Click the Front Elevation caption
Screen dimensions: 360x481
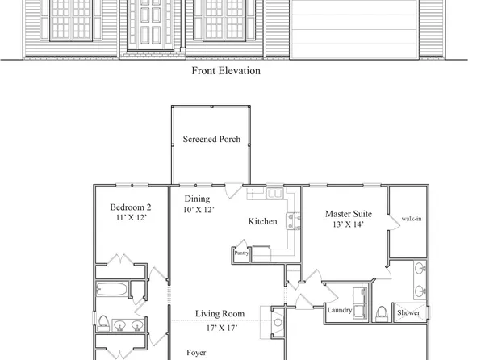tap(226, 70)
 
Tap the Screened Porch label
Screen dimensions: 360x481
tap(211, 140)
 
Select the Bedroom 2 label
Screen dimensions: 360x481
tap(131, 207)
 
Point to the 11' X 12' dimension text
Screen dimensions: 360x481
tap(131, 218)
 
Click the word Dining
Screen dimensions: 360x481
tap(197, 199)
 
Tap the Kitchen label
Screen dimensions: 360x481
tap(262, 221)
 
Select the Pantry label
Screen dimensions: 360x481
tap(241, 253)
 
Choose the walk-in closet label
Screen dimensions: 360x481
tap(412, 218)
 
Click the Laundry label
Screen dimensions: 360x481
tap(338, 310)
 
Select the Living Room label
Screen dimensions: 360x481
tap(220, 313)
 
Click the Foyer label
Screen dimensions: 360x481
tap(197, 352)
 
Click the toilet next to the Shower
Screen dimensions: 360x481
tap(381, 312)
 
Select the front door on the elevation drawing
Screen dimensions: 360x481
tap(151, 22)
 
